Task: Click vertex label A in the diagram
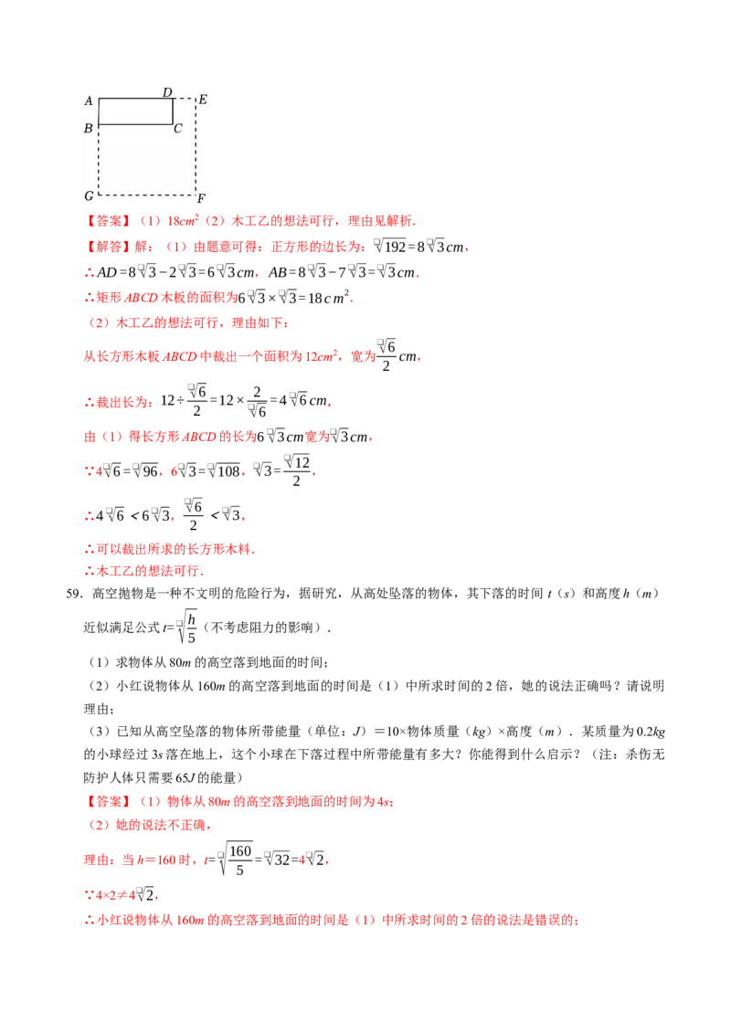click(x=89, y=101)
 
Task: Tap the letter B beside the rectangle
click(x=89, y=129)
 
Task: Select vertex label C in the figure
click(x=178, y=129)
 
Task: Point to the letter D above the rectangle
click(x=167, y=92)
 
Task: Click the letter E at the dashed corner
click(x=203, y=100)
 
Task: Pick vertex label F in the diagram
click(x=201, y=198)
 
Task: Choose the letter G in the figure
click(x=89, y=196)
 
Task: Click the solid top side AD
click(x=135, y=99)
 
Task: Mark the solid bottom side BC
click(x=135, y=124)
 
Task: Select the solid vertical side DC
click(x=173, y=111)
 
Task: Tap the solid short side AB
click(x=99, y=111)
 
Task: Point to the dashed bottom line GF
click(x=146, y=195)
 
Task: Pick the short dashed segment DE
click(x=184, y=99)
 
